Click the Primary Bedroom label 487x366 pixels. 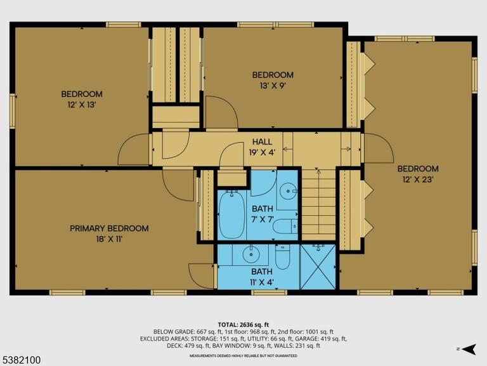click(x=109, y=228)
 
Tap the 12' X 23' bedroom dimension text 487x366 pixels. click(x=418, y=180)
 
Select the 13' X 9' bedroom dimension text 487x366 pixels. click(x=273, y=86)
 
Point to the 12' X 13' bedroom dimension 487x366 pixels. click(x=81, y=105)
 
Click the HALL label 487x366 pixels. click(x=262, y=142)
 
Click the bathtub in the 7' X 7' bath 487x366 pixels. click(x=231, y=214)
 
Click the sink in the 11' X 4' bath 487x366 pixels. click(x=250, y=255)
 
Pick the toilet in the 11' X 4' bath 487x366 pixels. click(x=282, y=257)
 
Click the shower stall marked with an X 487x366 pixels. click(x=318, y=267)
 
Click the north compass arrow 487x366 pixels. click(x=469, y=350)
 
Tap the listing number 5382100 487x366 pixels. click(x=21, y=360)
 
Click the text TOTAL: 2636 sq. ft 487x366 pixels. click(x=243, y=325)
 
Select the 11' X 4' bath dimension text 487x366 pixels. click(x=262, y=282)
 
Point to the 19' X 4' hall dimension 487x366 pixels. click(x=262, y=152)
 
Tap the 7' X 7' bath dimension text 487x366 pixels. click(x=263, y=219)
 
